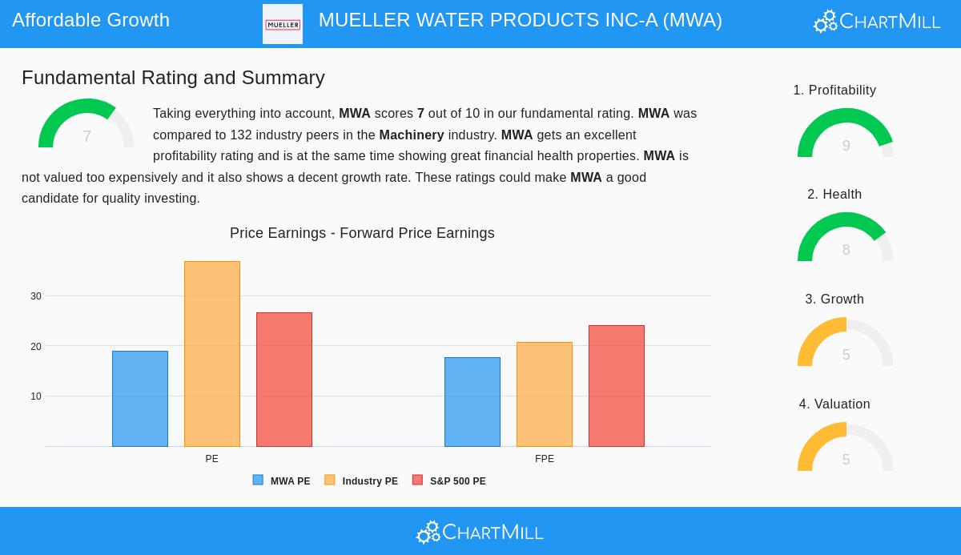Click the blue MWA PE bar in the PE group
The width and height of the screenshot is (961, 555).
[x=140, y=399]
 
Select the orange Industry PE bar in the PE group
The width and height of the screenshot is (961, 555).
[x=212, y=354]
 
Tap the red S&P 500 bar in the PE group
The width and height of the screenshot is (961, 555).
[x=284, y=380]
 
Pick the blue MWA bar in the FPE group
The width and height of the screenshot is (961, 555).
[x=472, y=402]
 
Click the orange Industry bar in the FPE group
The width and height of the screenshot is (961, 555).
[x=545, y=394]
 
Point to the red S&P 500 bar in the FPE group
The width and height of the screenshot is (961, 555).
[x=617, y=386]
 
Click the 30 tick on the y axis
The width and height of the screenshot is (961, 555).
[x=36, y=296]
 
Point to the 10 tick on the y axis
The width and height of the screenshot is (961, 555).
[x=36, y=396]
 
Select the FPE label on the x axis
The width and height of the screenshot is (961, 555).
[x=545, y=459]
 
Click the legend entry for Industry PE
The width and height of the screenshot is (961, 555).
[x=361, y=481]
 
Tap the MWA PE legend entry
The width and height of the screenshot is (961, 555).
[x=282, y=481]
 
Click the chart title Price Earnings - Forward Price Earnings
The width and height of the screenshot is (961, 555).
[x=362, y=233]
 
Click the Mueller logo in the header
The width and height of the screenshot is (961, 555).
[x=283, y=24]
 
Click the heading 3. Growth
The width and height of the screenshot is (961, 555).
[x=834, y=300]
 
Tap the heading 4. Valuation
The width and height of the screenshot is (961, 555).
[x=834, y=404]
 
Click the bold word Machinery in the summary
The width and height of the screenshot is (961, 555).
[x=412, y=135]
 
